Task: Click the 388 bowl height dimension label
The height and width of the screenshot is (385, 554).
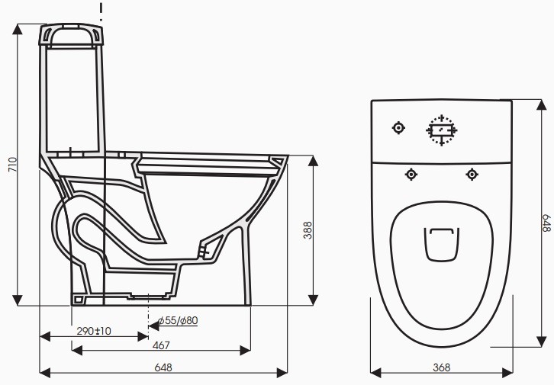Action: [x=308, y=231]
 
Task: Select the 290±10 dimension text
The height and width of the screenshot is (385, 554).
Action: [x=93, y=332]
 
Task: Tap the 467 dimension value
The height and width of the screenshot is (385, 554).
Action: [x=161, y=346]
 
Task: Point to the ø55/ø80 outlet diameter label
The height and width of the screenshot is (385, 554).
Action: [x=178, y=320]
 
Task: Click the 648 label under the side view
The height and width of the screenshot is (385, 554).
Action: [x=163, y=367]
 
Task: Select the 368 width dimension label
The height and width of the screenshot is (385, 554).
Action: [x=440, y=367]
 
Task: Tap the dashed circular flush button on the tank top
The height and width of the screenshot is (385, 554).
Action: [x=441, y=130]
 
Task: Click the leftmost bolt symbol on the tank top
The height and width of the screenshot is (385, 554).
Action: [x=398, y=128]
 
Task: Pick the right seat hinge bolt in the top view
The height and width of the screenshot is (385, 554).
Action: [x=471, y=175]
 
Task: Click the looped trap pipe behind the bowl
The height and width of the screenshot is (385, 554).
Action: [x=64, y=229]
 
